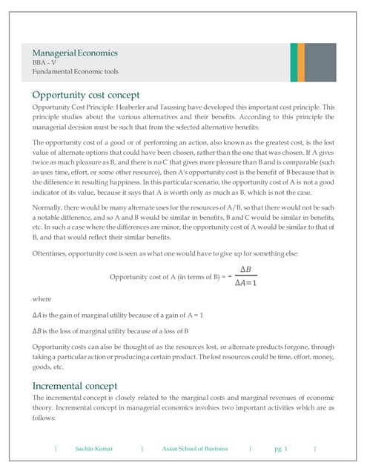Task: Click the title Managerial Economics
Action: click(74, 53)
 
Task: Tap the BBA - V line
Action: click(45, 63)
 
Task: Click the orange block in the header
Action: click(294, 61)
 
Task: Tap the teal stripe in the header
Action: click(302, 61)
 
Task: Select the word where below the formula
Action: click(42, 299)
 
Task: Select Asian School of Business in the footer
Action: click(195, 449)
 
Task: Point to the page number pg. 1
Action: click(281, 449)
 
